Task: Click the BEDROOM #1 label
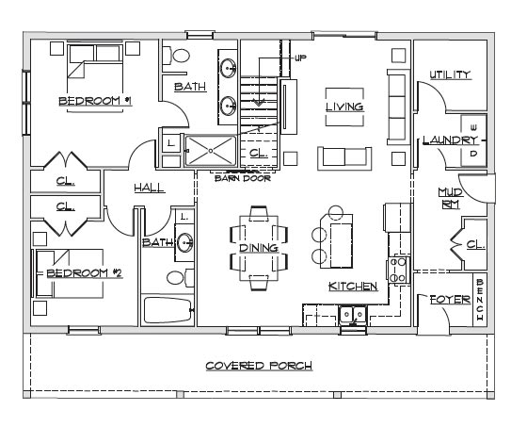(95, 101)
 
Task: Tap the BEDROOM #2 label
(85, 272)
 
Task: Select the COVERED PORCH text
(259, 366)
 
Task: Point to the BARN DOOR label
(243, 178)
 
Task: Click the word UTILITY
(451, 74)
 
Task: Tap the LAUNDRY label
(450, 140)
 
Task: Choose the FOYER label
(451, 300)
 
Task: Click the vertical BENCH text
(480, 300)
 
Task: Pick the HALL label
(150, 188)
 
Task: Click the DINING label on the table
(259, 248)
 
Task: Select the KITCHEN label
(353, 287)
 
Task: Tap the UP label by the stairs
(300, 58)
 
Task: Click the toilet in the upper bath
(176, 56)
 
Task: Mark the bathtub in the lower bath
(168, 310)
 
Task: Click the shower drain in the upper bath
(211, 151)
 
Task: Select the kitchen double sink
(353, 315)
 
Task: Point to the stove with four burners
(397, 270)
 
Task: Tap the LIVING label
(344, 107)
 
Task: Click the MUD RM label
(451, 199)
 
